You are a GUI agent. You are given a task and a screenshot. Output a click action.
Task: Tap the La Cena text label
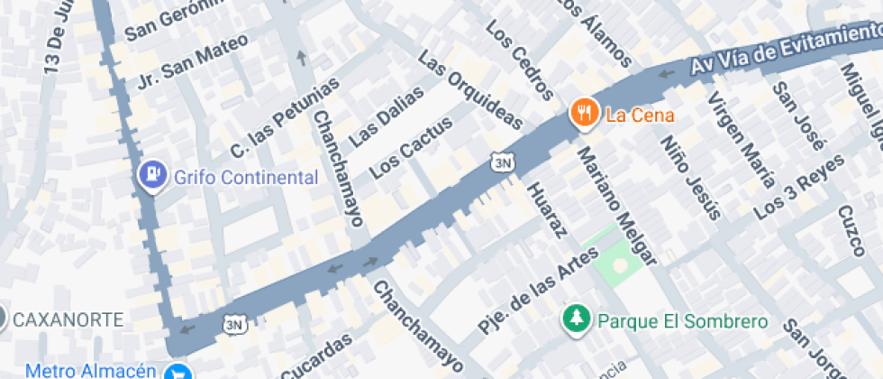pos(640,116)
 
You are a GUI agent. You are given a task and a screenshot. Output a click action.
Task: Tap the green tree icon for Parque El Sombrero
pos(574,320)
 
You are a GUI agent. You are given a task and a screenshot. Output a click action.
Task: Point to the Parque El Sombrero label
pos(683,321)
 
